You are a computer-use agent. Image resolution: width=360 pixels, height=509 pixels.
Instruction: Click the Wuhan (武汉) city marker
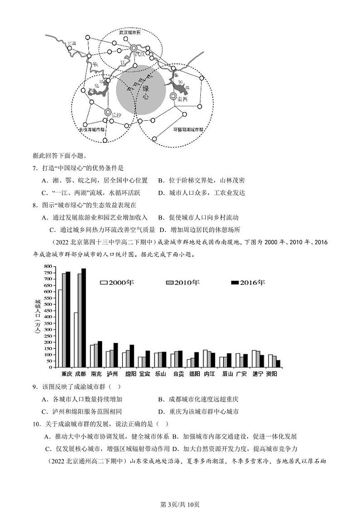[x=134, y=48]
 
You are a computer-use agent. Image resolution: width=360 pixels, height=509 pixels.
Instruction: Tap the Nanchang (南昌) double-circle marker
[x=173, y=96]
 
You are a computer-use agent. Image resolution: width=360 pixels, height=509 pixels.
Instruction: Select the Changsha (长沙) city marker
[x=108, y=112]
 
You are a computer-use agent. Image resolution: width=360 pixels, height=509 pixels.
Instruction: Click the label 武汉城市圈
[x=130, y=33]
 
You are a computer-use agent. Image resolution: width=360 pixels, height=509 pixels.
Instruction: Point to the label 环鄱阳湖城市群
[x=189, y=129]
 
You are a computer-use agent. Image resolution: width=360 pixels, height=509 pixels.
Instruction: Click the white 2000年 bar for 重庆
[x=60, y=328]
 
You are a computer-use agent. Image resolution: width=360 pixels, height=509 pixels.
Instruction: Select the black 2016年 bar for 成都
[x=83, y=318]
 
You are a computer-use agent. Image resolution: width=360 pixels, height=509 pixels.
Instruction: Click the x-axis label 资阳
[x=272, y=374]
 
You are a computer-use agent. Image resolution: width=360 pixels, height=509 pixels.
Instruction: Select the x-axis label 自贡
[x=178, y=374]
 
